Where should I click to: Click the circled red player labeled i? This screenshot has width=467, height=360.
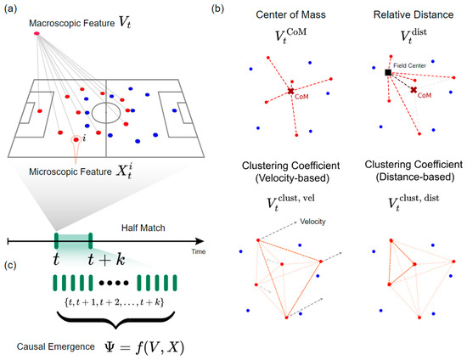click(78, 139)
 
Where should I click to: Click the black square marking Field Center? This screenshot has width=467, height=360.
click(387, 73)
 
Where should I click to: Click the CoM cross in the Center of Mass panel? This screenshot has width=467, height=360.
click(291, 90)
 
